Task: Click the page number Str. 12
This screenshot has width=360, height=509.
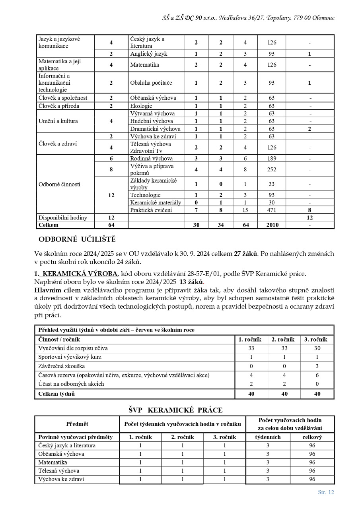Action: point(326,492)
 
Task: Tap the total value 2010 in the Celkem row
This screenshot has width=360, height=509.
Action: point(271,225)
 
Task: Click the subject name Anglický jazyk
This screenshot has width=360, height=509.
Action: point(149,53)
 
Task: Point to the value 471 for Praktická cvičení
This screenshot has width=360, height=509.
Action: point(271,210)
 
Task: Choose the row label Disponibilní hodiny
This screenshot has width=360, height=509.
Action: point(62,218)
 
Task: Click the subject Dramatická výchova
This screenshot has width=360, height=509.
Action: point(155,129)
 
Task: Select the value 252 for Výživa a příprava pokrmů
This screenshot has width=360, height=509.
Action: point(271,169)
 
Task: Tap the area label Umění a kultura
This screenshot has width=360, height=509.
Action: point(58,121)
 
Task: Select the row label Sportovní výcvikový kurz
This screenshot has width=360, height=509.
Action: point(70,357)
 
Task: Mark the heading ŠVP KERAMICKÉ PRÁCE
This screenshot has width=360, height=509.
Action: point(175,410)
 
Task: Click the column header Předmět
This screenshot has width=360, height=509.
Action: point(77,424)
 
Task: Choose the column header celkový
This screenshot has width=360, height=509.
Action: point(312,437)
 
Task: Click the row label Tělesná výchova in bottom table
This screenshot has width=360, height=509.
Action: point(58,471)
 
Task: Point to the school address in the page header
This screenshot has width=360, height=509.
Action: point(249,18)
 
